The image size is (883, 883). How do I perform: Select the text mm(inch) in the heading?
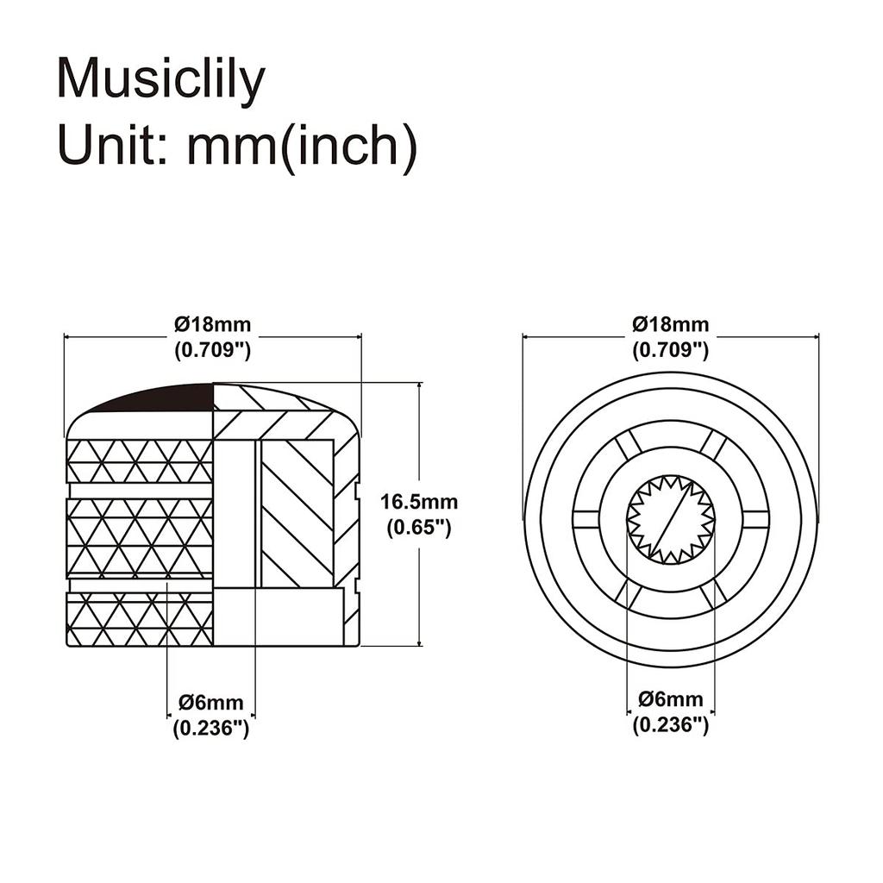tap(303, 147)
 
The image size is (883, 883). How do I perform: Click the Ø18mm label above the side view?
tap(212, 324)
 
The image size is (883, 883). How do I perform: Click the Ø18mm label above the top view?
tap(670, 324)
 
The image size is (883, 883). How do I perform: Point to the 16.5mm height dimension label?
tap(419, 501)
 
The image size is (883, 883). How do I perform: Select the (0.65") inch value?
tap(419, 528)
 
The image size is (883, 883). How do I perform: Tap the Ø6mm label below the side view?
tap(211, 703)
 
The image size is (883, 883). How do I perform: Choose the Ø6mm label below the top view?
tap(671, 699)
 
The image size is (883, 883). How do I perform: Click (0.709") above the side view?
tap(212, 350)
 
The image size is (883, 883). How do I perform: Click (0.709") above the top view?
tap(670, 350)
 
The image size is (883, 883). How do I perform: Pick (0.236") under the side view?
tap(211, 729)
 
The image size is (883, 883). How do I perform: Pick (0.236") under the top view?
tap(671, 724)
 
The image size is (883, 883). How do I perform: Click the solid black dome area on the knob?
tap(169, 398)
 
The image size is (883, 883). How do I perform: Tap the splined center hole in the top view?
tap(671, 520)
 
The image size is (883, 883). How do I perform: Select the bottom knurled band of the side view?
tap(140, 618)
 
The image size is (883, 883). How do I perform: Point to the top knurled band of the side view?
tap(140, 461)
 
